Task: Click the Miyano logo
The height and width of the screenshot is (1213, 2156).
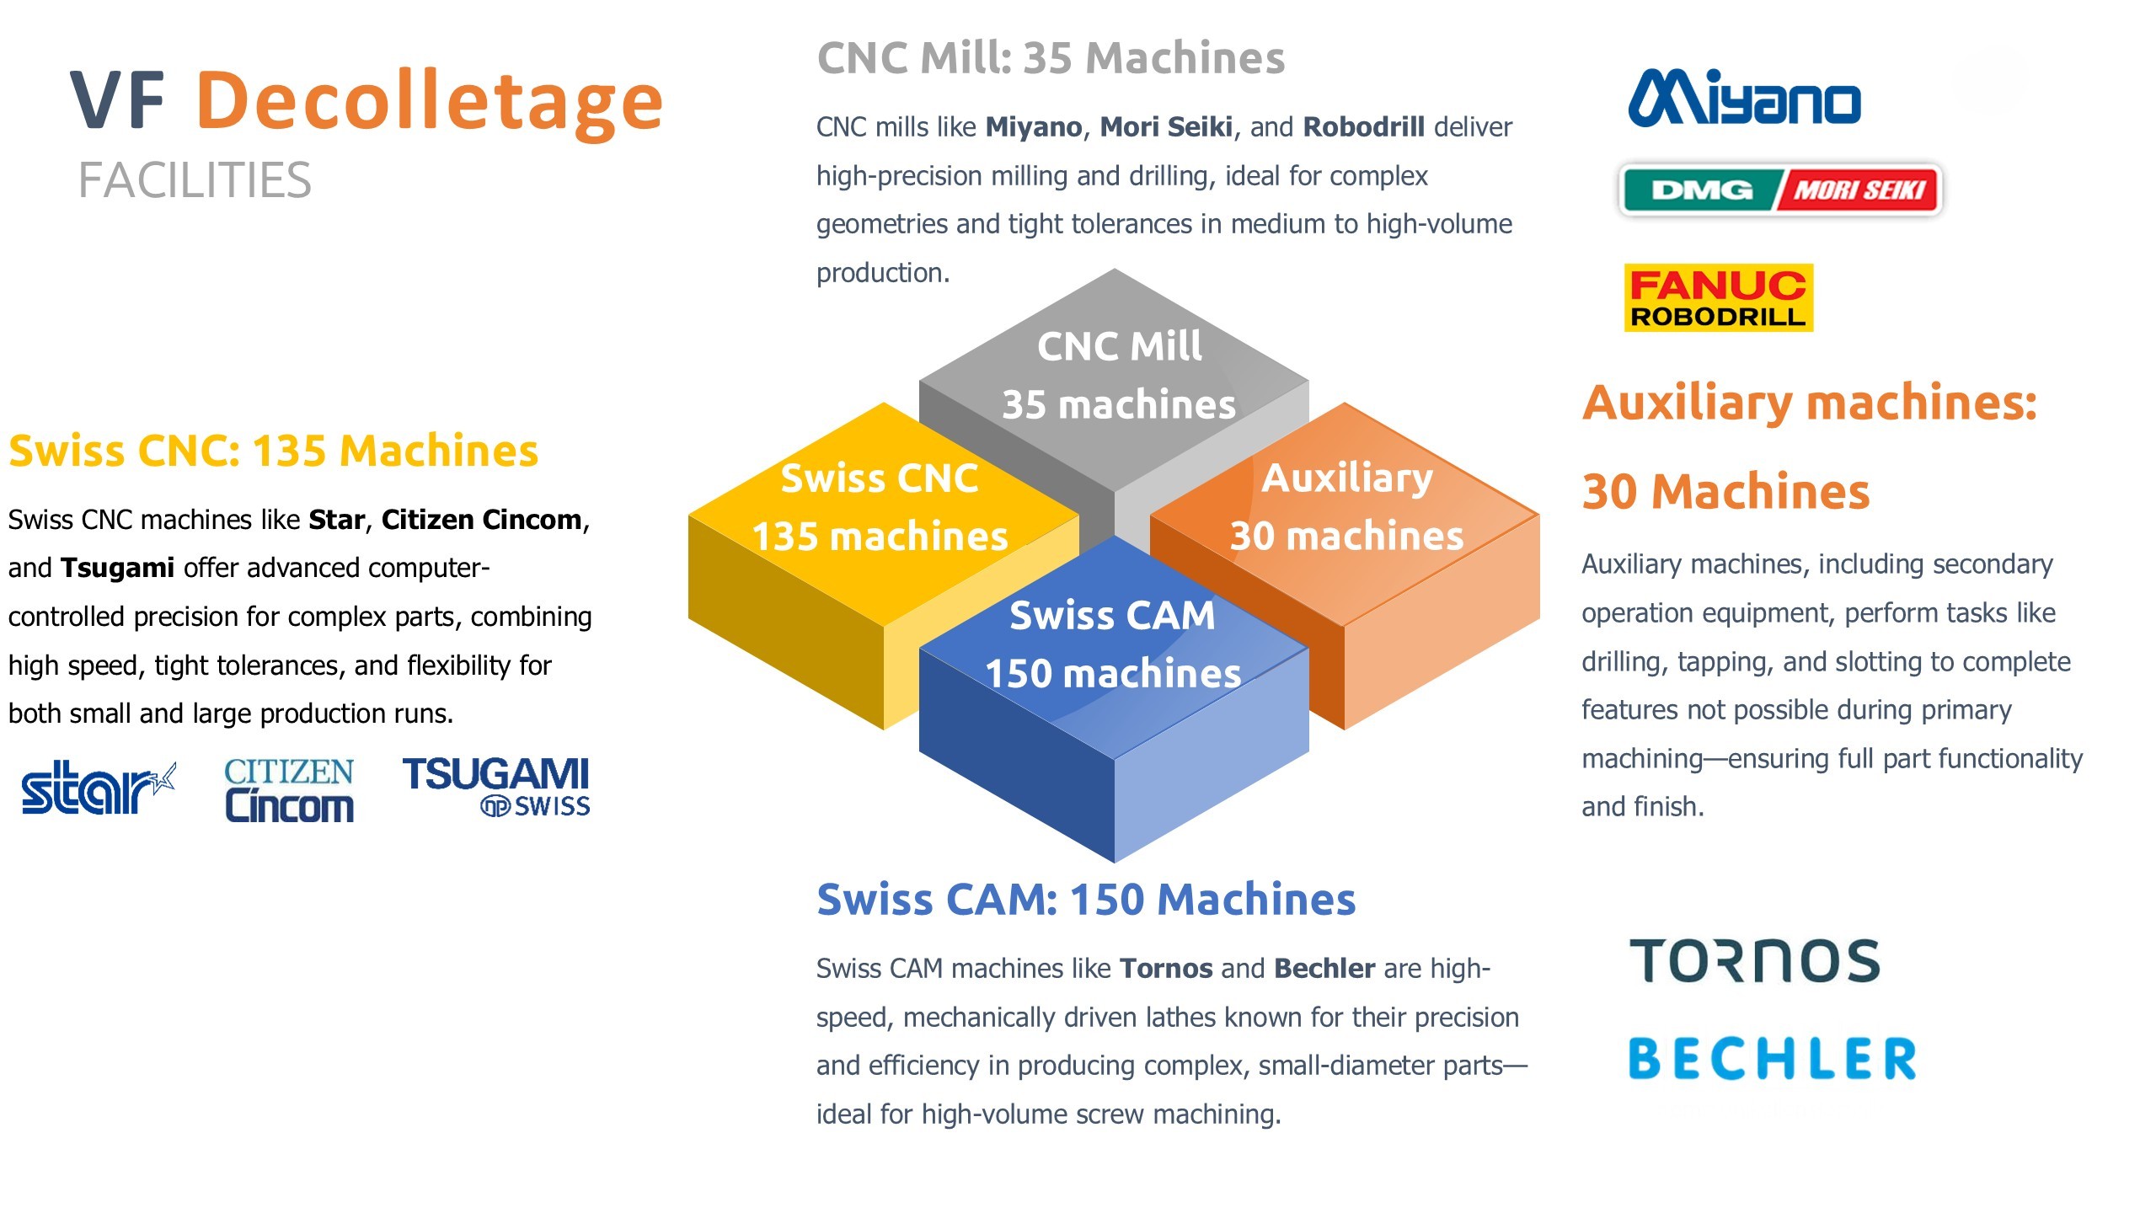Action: pos(1744,99)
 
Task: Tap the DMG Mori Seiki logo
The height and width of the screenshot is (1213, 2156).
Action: pos(1780,190)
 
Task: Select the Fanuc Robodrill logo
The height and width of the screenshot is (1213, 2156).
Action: pos(1718,298)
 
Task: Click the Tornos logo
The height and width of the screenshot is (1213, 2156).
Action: pos(1754,961)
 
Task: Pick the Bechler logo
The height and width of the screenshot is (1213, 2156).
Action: pos(1772,1059)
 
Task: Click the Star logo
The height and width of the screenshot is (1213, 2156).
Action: pos(97,788)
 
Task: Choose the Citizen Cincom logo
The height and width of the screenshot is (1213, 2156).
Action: pos(289,790)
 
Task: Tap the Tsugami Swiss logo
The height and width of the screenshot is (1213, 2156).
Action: pos(496,786)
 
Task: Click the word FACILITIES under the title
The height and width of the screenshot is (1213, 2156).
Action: pos(195,180)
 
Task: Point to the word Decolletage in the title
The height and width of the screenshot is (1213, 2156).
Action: pos(430,101)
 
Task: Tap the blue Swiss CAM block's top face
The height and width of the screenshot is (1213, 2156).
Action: pos(1114,644)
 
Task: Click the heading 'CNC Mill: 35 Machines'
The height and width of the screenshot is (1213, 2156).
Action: pos(1051,58)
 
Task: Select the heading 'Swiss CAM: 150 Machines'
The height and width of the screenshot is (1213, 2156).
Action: pos(1086,899)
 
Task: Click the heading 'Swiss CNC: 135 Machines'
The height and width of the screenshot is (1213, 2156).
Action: pos(273,451)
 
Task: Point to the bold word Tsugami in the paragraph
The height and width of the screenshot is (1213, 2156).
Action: pos(117,568)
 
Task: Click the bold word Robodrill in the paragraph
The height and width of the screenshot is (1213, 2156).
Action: pos(1363,127)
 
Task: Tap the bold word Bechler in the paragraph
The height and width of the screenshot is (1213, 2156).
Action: pos(1324,969)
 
